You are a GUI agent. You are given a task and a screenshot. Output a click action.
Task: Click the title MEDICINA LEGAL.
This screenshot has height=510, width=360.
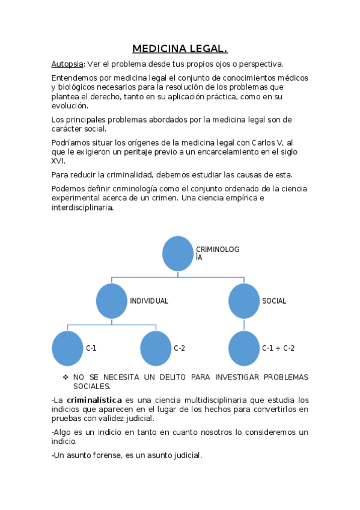pos(180,49)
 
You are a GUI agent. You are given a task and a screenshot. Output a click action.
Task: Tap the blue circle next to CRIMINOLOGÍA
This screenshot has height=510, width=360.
pos(178,253)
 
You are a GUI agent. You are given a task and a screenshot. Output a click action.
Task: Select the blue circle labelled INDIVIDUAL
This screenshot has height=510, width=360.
pos(112,301)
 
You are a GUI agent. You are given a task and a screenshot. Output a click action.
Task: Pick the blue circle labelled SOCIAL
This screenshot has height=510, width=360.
pos(244,301)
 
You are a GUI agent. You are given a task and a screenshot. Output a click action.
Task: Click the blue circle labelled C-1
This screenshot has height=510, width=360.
pos(67,348)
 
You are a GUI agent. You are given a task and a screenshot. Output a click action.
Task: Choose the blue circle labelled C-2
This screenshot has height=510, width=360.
pos(156,348)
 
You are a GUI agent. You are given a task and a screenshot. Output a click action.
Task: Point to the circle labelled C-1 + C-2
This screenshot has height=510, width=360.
pos(244,348)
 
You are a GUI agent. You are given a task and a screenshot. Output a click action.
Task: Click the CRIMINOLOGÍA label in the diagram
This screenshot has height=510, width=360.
pos(209,253)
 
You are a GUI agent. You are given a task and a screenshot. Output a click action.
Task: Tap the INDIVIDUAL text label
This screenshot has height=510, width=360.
pos(149,301)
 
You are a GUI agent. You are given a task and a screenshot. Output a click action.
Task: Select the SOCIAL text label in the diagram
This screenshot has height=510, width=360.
pos(274,301)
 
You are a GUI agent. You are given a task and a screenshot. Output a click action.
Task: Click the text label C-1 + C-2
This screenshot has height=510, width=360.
pos(278,348)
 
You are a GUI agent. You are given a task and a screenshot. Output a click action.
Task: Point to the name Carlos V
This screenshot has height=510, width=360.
pos(264,142)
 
